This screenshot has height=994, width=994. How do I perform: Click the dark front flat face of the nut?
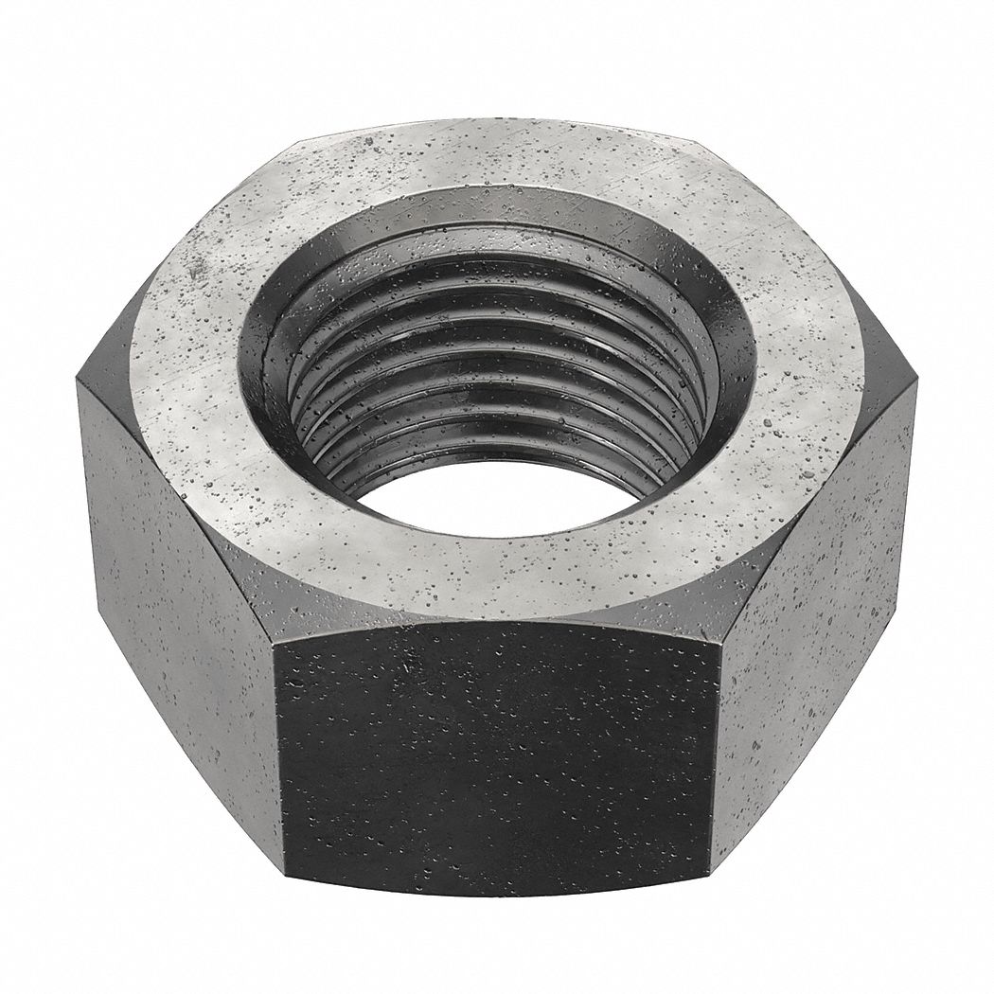pos(497,757)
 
